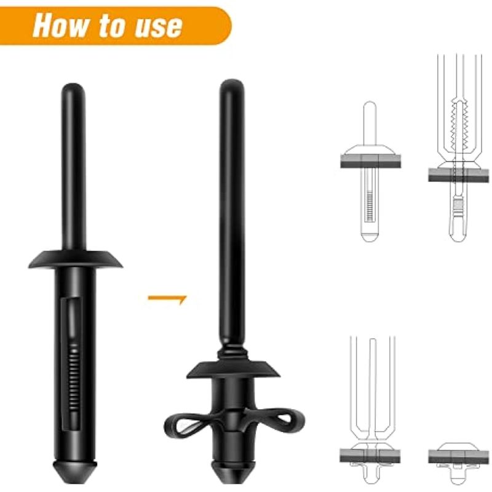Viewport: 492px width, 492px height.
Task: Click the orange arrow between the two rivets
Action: click(167, 299)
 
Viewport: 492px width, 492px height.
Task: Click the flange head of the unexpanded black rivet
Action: click(75, 259)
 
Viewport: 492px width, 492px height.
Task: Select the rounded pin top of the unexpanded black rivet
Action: click(73, 91)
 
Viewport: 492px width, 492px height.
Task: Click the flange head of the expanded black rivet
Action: click(233, 370)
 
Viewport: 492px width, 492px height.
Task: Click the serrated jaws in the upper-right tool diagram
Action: click(459, 125)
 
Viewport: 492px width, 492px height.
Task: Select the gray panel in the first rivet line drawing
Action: click(371, 161)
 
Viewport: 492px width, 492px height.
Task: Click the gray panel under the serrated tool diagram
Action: click(459, 175)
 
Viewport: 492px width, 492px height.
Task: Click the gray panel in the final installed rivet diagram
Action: click(459, 456)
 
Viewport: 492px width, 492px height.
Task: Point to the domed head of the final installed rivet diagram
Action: click(459, 446)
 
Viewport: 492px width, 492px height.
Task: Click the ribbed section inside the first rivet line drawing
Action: click(370, 206)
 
